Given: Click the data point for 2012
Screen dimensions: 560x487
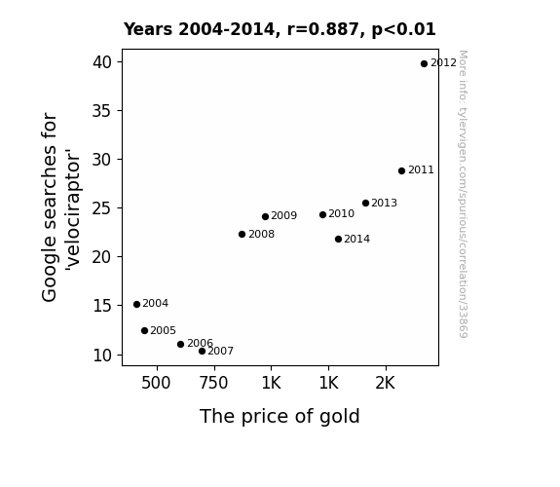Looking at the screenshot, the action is (x=424, y=64).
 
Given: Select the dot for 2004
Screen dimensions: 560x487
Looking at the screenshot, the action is (x=136, y=305).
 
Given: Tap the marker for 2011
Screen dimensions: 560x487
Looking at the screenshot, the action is (x=402, y=171).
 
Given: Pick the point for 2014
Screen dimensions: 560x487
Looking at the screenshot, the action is (x=339, y=239).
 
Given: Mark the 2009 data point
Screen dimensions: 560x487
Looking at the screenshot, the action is (x=265, y=217).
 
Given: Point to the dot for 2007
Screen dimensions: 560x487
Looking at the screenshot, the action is (x=203, y=352).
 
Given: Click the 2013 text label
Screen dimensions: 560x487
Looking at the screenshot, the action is (x=385, y=203).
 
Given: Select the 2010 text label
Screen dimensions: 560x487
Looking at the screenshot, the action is (x=342, y=213).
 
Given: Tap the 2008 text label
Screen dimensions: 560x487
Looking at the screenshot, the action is (x=261, y=234).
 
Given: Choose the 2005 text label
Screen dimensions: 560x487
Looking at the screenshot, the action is (x=164, y=330).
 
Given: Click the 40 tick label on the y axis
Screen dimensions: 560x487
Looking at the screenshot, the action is (x=102, y=62).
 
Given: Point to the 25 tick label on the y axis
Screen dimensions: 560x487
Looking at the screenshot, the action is (x=102, y=208).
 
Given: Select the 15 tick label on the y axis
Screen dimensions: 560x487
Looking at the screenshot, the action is (x=102, y=306).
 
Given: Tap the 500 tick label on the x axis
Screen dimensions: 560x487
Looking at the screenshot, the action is (x=156, y=383).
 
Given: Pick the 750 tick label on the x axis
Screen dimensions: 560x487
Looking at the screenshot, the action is (x=213, y=383).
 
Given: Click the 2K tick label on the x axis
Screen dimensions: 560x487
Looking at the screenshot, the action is (x=386, y=383).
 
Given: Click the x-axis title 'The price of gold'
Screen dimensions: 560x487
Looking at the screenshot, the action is (x=280, y=417).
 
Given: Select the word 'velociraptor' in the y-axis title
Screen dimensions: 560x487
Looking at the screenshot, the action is (x=73, y=209).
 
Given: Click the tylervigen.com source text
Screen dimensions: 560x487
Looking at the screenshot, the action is (x=463, y=194).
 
